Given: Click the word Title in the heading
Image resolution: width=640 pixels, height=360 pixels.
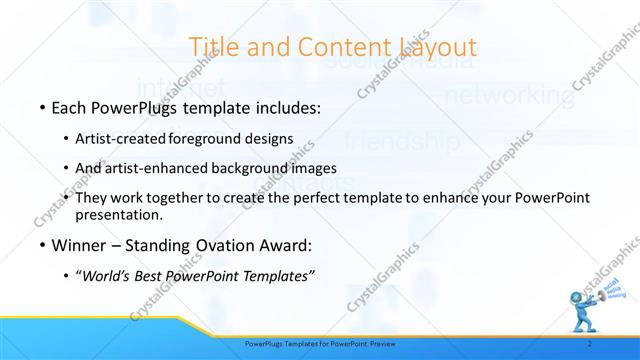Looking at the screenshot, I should point(212,46).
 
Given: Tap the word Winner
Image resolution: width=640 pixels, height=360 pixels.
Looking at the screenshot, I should point(78,245).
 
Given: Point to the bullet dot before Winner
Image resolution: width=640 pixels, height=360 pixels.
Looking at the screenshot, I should point(41,245).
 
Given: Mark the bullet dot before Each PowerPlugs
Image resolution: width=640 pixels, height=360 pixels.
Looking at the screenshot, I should point(41,105).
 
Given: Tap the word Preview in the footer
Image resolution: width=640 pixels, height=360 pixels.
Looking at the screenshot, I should point(378,343).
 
